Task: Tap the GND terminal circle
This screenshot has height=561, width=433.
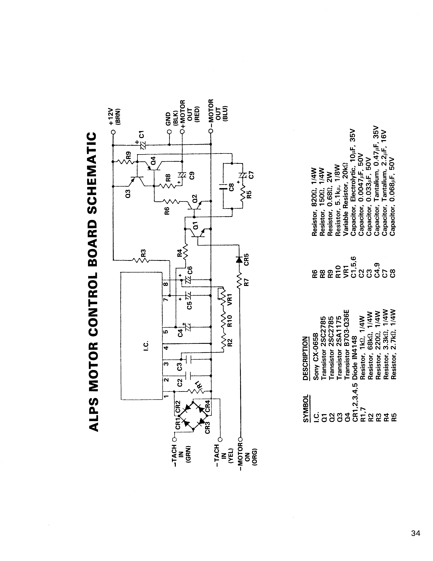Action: click(169, 132)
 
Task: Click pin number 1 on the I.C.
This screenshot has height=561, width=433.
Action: click(166, 396)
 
